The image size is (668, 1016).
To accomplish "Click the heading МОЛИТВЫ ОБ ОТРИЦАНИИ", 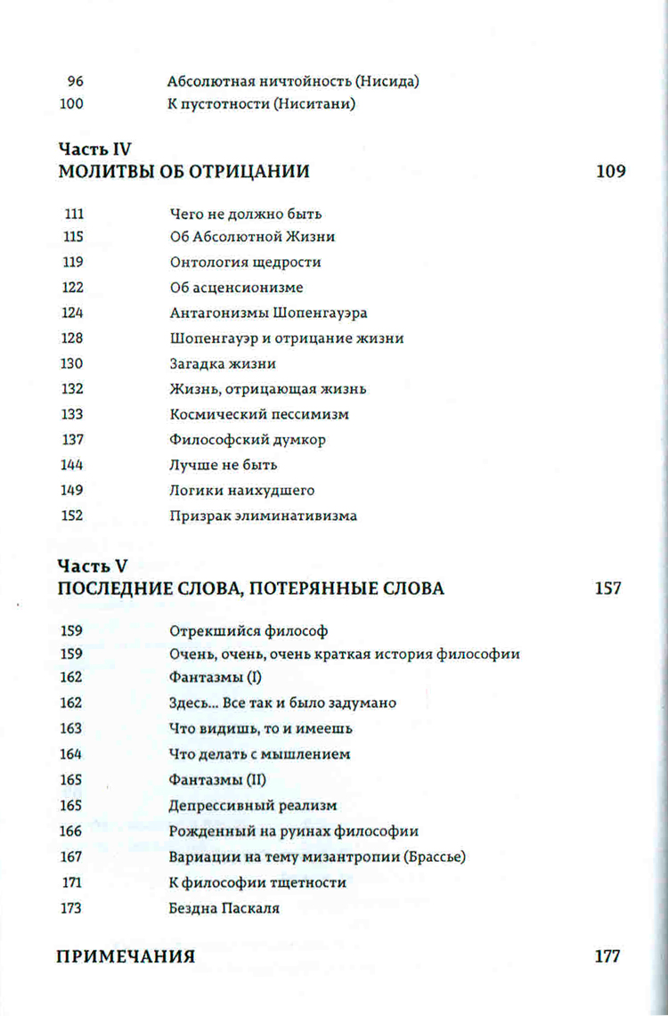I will (x=183, y=172).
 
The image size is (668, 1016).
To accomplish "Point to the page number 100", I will (x=71, y=104).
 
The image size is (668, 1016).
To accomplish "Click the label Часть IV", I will (x=95, y=150).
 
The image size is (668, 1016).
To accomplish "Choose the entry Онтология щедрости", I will (x=245, y=263).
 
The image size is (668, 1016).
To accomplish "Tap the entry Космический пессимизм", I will (x=259, y=414).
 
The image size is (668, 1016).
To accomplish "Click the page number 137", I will (x=73, y=440).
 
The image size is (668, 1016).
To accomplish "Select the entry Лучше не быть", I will (x=224, y=465).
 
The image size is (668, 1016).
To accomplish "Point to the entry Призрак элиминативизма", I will (x=263, y=516).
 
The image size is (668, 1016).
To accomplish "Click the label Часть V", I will (x=92, y=566).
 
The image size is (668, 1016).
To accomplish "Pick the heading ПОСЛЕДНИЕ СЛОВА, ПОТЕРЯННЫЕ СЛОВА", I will (x=250, y=589).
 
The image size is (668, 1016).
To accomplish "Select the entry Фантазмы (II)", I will (x=217, y=780).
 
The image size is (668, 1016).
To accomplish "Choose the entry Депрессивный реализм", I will (x=253, y=806).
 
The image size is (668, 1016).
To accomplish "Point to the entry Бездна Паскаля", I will (x=224, y=908).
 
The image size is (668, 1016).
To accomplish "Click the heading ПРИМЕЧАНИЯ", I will (x=126, y=957).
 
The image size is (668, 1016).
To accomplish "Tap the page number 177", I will (x=607, y=957).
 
